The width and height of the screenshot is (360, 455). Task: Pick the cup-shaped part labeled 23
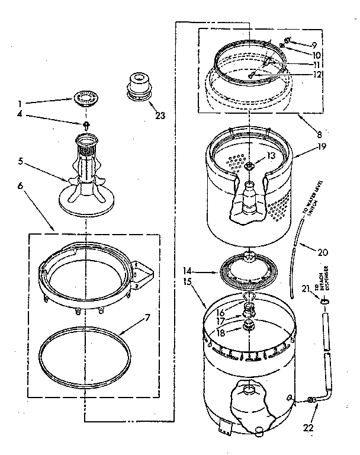pos(137,88)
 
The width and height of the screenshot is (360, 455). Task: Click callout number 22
pos(307,427)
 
